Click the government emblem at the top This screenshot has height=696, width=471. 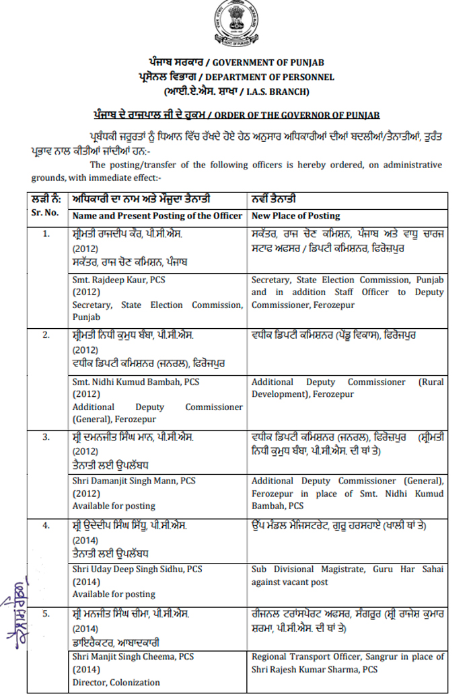235,24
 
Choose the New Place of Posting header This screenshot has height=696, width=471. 295,216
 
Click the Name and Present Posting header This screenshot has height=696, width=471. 157,216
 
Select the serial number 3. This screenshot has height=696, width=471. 46,437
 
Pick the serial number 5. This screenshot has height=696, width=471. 46,614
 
